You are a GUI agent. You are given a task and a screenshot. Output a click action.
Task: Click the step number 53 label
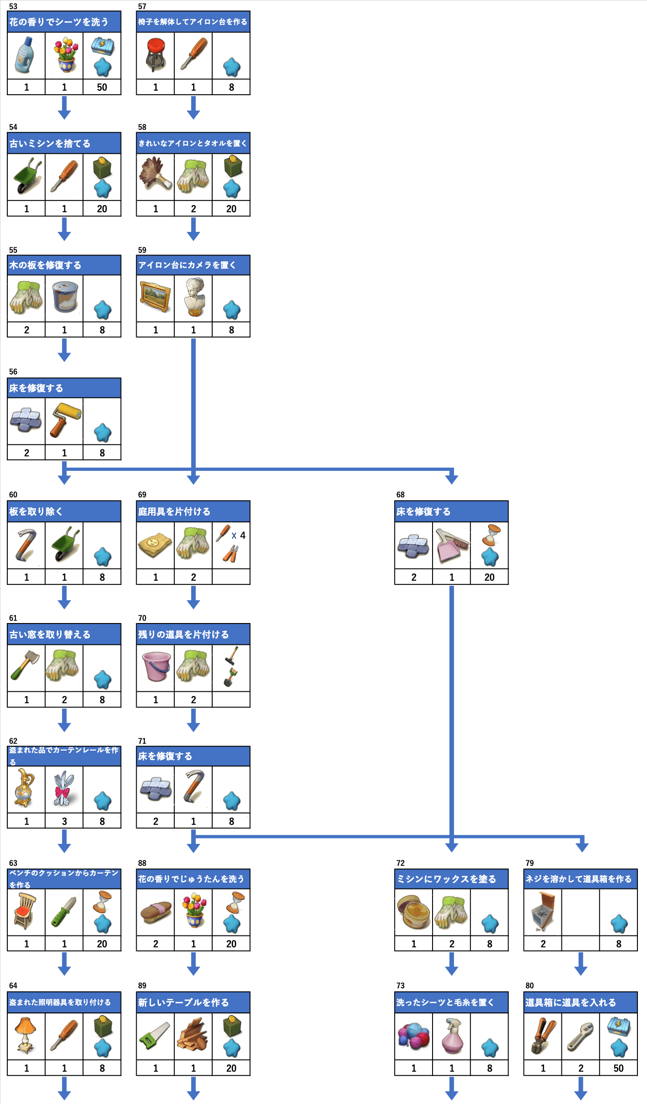[x=13, y=6]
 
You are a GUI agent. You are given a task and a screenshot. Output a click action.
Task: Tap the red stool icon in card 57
[x=155, y=55]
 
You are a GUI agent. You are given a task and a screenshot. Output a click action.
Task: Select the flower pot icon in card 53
[x=65, y=55]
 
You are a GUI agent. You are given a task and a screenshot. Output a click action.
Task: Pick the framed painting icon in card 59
[x=155, y=296]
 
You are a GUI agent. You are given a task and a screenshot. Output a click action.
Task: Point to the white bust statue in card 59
[x=194, y=297]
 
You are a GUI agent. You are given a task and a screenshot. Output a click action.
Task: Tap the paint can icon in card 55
[x=65, y=296]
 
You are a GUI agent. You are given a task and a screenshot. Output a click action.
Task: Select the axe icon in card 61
[x=25, y=665]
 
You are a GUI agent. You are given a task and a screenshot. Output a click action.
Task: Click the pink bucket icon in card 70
[x=156, y=666]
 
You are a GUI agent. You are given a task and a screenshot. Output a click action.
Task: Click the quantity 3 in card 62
[x=64, y=821]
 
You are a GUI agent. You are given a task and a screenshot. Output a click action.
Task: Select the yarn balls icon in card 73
[x=413, y=1036]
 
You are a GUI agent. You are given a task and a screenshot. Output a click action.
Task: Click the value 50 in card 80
[x=618, y=1068]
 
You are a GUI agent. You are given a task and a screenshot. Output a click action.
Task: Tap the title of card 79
[x=578, y=879]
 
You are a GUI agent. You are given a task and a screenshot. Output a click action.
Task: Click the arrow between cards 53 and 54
[x=64, y=107]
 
